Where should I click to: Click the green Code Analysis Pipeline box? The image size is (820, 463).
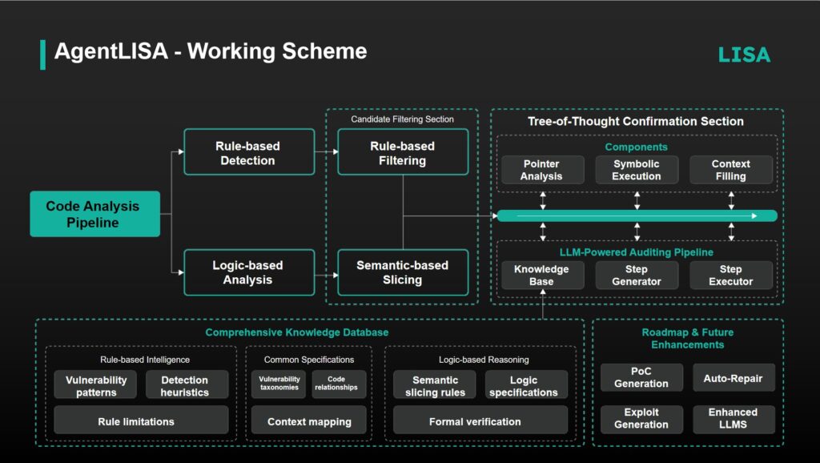click(x=94, y=214)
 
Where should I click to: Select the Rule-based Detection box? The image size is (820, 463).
click(x=248, y=152)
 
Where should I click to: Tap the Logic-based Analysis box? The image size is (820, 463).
click(x=248, y=272)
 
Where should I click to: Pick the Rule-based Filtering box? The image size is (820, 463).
click(x=402, y=152)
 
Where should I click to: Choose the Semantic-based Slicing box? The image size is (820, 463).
click(x=402, y=272)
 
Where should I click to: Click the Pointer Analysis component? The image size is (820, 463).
click(x=541, y=170)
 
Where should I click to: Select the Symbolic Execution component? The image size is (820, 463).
click(x=637, y=170)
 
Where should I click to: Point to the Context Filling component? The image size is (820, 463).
click(x=730, y=170)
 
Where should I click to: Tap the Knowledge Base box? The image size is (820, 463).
click(x=541, y=275)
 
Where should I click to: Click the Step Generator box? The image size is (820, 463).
click(x=637, y=275)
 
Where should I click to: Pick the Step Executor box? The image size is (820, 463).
click(x=730, y=275)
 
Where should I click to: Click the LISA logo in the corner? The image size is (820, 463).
click(x=743, y=54)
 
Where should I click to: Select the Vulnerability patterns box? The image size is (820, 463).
click(x=96, y=385)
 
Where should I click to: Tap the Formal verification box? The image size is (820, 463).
click(x=475, y=421)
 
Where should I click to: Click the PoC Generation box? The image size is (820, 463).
click(x=641, y=377)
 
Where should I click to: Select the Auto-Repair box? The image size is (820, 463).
click(x=733, y=377)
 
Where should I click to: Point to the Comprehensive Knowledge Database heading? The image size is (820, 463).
click(x=308, y=332)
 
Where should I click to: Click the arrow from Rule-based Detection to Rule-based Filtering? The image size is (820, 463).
click(x=325, y=151)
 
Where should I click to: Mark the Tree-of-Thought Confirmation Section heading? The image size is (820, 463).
click(x=635, y=122)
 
